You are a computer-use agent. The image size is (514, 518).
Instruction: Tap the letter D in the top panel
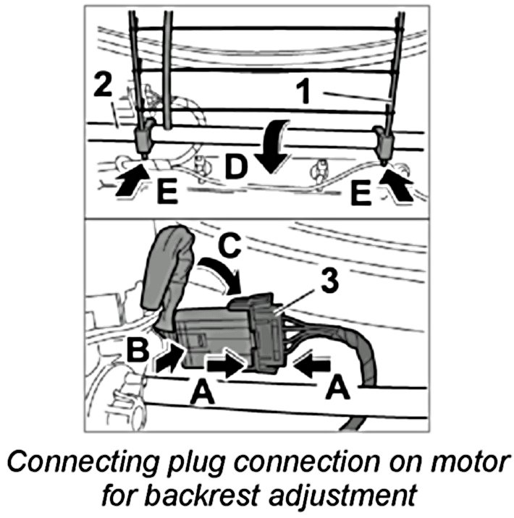point(236,167)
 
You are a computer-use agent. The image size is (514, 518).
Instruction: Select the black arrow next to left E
point(127,179)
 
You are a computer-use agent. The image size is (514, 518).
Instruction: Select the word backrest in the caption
point(224,496)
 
